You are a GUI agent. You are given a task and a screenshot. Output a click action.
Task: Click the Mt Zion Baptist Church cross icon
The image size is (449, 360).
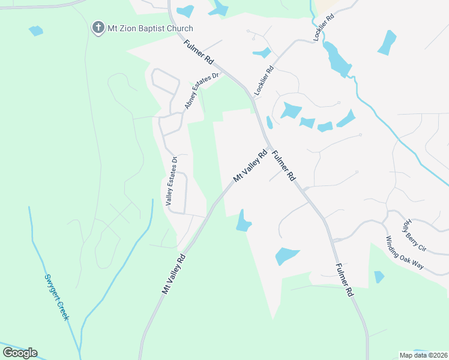(97, 28)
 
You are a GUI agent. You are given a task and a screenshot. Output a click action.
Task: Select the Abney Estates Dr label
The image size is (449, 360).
(203, 91)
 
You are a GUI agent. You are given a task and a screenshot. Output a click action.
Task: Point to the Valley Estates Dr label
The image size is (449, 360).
(172, 182)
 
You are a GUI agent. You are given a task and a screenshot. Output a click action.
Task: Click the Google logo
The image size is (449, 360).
(20, 352)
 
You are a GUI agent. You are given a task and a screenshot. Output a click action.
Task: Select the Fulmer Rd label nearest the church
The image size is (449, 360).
(199, 53)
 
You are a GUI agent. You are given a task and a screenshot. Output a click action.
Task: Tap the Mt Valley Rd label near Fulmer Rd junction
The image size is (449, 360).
(250, 166)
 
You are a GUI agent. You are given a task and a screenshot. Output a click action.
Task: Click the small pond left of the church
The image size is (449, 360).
(36, 30)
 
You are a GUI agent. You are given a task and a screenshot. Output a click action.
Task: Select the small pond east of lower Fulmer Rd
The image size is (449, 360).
(379, 277)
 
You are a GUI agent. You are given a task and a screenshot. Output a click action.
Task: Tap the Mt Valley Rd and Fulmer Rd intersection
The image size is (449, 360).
(269, 148)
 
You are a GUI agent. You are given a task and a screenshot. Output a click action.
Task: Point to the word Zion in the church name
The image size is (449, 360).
(126, 28)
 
